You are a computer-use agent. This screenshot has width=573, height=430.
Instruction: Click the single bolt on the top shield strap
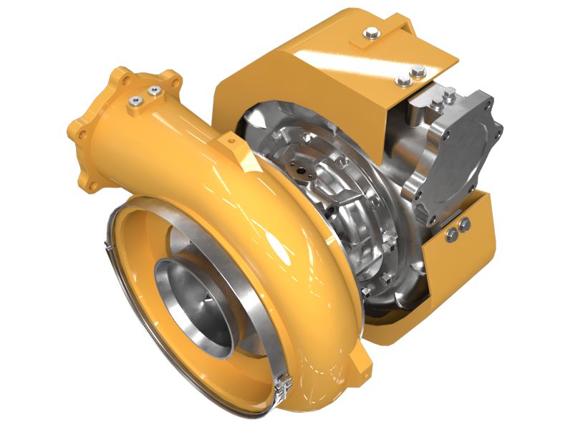[372, 32]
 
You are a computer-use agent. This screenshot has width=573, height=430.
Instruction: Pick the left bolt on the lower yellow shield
[453, 235]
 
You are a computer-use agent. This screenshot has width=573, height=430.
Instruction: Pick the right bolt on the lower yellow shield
[466, 225]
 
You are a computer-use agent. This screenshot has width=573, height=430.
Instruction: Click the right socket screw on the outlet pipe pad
[153, 91]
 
